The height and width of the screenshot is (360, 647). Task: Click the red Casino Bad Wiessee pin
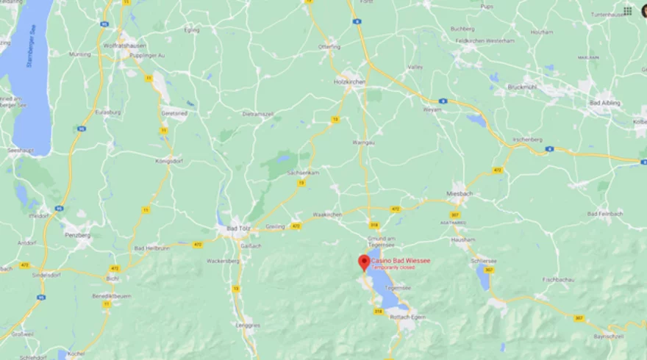coord(363,262)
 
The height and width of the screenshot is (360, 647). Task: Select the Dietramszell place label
coord(257,115)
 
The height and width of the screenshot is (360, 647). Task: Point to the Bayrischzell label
coord(608,336)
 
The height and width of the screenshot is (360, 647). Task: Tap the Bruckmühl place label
coord(523,87)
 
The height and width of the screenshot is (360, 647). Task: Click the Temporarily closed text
coord(392,267)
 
